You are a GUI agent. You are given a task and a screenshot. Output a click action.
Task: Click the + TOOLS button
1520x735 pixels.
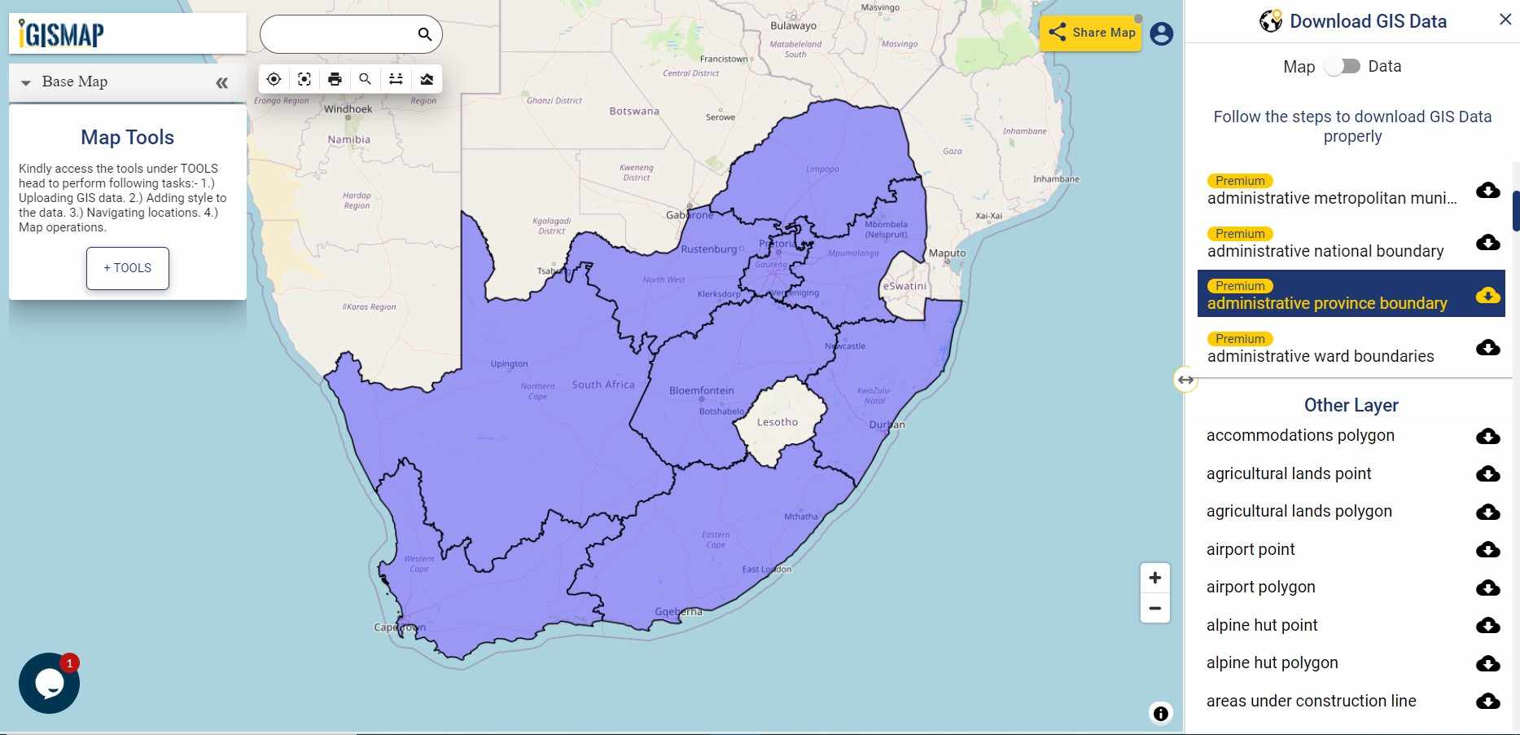pyautogui.click(x=128, y=268)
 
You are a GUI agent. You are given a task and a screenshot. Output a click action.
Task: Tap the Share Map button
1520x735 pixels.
pyautogui.click(x=1091, y=33)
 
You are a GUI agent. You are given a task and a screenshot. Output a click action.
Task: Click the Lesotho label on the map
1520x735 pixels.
pyautogui.click(x=777, y=422)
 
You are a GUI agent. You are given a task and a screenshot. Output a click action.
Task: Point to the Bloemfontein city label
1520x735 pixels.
pyautogui.click(x=701, y=391)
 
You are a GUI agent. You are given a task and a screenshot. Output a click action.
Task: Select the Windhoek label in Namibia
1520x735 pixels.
pyautogui.click(x=348, y=109)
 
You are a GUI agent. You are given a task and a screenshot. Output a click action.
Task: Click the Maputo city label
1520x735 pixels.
pyautogui.click(x=947, y=253)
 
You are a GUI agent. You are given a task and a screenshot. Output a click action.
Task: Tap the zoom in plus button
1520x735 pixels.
pyautogui.click(x=1154, y=579)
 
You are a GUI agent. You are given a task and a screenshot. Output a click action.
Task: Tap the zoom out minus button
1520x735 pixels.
pyautogui.click(x=1154, y=609)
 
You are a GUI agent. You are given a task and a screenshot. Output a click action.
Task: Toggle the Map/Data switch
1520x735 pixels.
pyautogui.click(x=1343, y=67)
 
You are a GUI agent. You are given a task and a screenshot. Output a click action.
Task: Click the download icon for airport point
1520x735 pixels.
pyautogui.click(x=1487, y=550)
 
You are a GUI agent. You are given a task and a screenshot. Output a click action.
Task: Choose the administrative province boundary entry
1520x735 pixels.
pyautogui.click(x=1327, y=303)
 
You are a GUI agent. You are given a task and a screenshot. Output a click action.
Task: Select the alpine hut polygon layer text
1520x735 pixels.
pyautogui.click(x=1272, y=663)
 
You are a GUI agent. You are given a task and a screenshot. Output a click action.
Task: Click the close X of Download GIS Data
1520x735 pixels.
pyautogui.click(x=1505, y=20)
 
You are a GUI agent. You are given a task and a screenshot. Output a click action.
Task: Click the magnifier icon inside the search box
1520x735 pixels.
pyautogui.click(x=424, y=34)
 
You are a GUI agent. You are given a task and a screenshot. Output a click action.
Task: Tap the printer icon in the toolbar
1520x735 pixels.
pyautogui.click(x=335, y=79)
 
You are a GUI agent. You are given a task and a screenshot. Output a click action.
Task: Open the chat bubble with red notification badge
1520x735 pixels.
pyautogui.click(x=49, y=683)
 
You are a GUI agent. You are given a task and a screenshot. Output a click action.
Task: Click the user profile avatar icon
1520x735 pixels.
pyautogui.click(x=1162, y=34)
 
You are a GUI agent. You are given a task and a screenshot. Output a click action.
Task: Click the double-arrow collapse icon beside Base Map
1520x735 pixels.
pyautogui.click(x=221, y=83)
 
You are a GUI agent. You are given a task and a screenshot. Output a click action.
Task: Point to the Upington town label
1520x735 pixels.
pyautogui.click(x=509, y=364)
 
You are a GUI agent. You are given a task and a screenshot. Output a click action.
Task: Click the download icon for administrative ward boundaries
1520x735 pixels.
pyautogui.click(x=1487, y=348)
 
